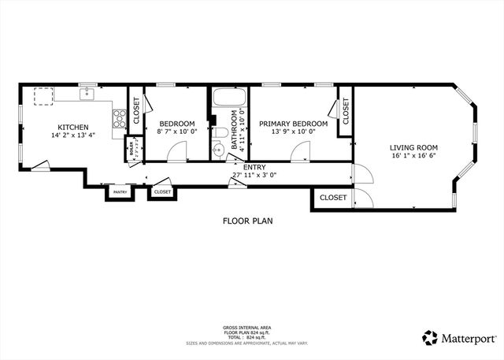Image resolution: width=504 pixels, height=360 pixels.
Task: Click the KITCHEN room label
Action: click(x=72, y=127)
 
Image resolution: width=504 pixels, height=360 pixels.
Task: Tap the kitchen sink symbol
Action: click(x=87, y=96)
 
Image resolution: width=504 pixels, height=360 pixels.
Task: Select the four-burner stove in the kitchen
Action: click(x=120, y=119)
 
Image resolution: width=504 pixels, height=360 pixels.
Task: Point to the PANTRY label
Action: click(x=120, y=192)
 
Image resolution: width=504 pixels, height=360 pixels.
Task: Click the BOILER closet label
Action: click(x=130, y=147)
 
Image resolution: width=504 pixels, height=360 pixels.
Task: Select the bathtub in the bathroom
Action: click(x=228, y=100)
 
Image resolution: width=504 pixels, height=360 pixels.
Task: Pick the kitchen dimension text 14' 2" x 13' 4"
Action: click(x=72, y=135)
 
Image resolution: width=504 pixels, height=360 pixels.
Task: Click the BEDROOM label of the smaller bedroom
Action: click(x=177, y=124)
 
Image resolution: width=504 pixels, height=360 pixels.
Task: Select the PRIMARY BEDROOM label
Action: click(x=293, y=124)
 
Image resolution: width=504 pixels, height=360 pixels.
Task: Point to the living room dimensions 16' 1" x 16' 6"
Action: click(x=413, y=156)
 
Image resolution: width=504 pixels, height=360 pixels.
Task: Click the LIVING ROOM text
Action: click(x=413, y=147)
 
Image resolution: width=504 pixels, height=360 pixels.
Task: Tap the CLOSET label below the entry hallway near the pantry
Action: click(x=162, y=191)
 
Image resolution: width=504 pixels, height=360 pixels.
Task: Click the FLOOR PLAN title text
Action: click(x=247, y=221)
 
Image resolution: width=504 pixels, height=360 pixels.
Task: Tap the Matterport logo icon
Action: click(x=430, y=337)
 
